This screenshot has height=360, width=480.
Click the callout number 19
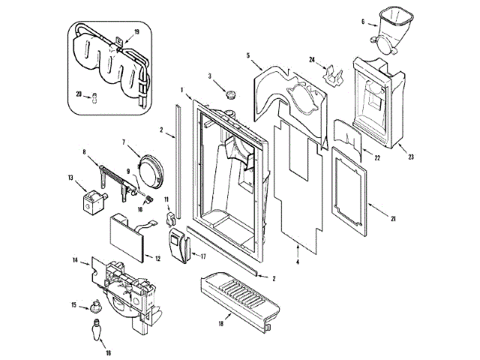coord(136,32)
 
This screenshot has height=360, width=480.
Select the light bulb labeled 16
coord(97,330)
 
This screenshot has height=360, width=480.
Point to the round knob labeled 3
coord(230,93)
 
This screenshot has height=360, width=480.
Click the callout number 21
coord(392,218)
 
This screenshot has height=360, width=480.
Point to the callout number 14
coord(75,260)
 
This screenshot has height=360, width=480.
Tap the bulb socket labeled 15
coord(95,304)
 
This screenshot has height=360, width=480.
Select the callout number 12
coord(158,259)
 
